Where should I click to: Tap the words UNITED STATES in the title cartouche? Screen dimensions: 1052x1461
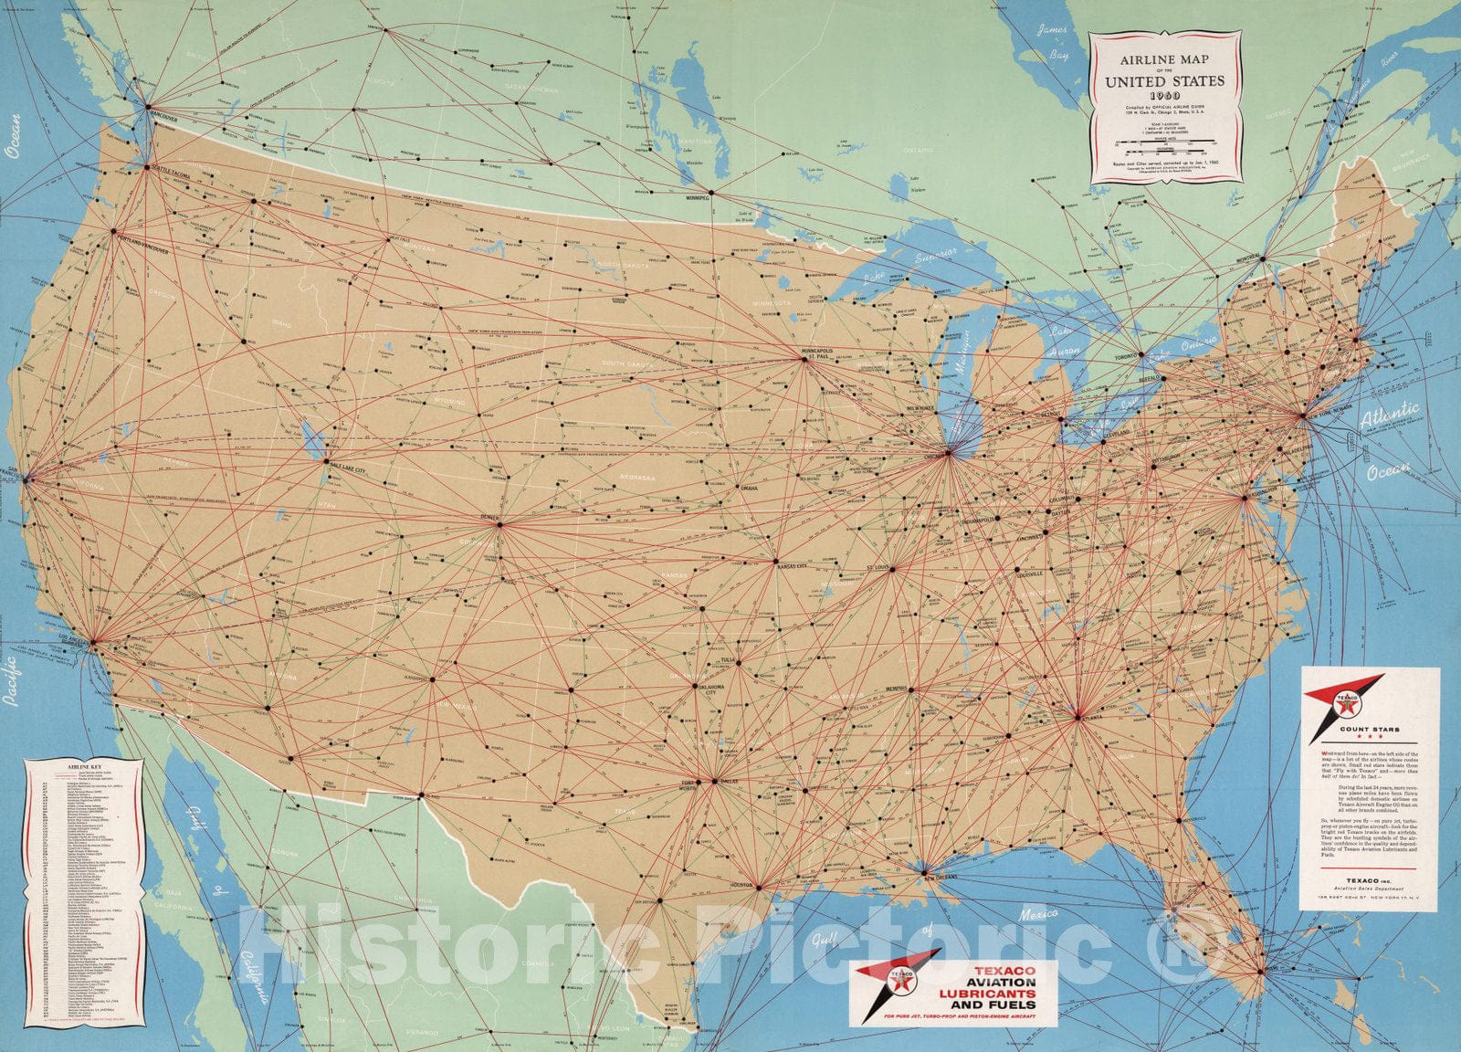coord(1164,80)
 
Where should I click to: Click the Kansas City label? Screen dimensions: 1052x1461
coord(793,567)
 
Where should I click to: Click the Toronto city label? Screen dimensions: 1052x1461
coord(1128,355)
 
